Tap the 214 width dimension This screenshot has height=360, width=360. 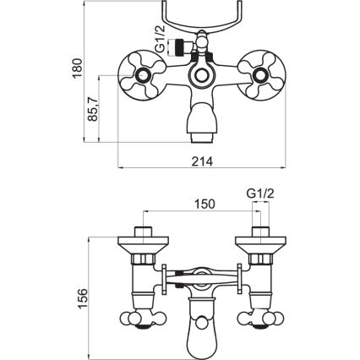(201, 161)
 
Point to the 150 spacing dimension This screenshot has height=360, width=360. (204, 203)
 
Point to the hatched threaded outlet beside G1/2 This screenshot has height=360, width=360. (179, 47)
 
